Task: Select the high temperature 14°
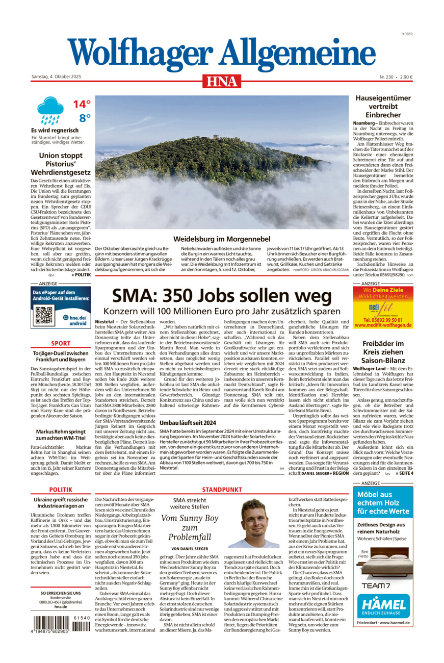81,104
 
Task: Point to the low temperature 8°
84,118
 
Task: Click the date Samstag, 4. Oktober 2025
56,77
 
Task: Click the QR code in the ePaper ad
44,316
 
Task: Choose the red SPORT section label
61,343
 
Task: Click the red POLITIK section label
61,490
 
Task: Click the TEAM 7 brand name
376,585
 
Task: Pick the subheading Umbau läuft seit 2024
188,423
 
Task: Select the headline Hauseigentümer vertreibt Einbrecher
383,107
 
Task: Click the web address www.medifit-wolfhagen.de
383,325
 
